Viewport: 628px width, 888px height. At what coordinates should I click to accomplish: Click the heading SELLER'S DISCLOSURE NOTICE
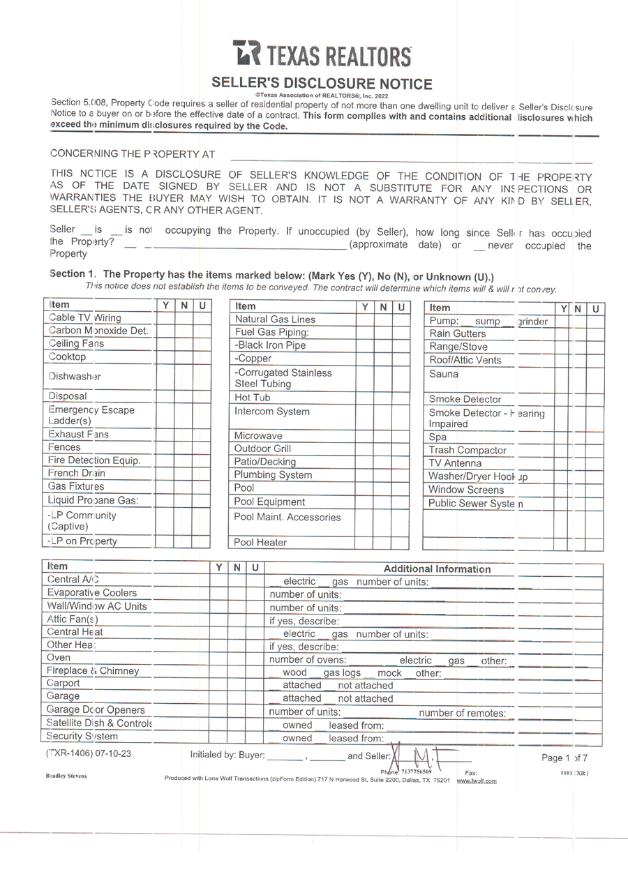[x=322, y=84]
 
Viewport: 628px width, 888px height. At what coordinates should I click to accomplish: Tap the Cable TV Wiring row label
[x=84, y=318]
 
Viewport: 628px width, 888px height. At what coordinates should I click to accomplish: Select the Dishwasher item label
[x=75, y=376]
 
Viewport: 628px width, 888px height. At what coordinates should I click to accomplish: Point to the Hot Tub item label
[x=252, y=398]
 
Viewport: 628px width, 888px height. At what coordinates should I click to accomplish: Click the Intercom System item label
[x=271, y=412]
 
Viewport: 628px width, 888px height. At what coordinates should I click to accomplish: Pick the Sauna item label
[x=444, y=374]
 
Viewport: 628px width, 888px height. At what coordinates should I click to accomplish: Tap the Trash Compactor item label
[x=467, y=451]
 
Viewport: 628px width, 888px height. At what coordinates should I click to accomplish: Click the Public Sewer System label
[x=475, y=504]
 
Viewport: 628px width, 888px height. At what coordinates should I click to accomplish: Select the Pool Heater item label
[x=260, y=542]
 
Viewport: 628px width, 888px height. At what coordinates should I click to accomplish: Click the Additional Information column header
[x=437, y=569]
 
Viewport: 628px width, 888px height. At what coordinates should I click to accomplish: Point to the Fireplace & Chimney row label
[x=93, y=671]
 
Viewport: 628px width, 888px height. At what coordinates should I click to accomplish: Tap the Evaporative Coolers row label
[x=91, y=593]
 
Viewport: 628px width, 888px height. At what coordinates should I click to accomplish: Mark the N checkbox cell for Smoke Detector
[x=578, y=399]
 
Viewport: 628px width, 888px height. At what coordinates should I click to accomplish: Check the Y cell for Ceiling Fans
[x=165, y=344]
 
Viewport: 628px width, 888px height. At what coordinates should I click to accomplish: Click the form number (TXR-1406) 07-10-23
[x=88, y=754]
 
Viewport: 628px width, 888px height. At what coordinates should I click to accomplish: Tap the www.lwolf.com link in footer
[x=477, y=781]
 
